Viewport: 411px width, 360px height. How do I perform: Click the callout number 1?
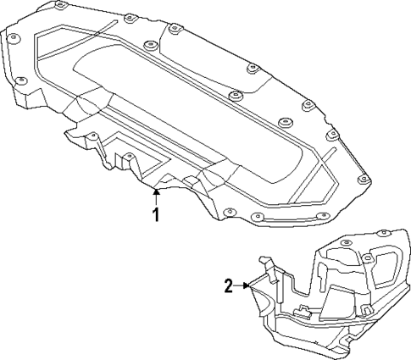tap(155, 214)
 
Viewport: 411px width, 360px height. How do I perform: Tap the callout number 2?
tap(228, 285)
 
